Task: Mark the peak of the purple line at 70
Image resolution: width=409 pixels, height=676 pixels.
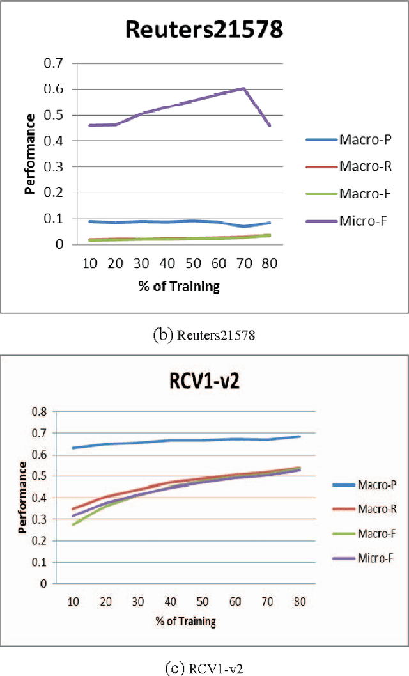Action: tap(243, 88)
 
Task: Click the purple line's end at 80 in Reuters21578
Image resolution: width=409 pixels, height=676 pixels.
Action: tap(270, 125)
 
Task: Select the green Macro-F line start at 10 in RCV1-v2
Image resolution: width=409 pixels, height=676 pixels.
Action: tap(73, 524)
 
